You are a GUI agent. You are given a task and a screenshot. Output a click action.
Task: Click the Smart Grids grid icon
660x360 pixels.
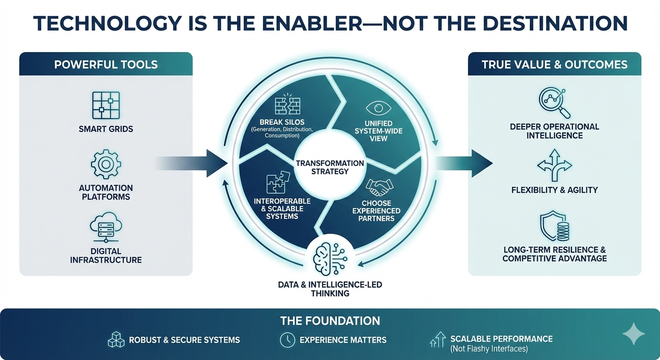pos(105,105)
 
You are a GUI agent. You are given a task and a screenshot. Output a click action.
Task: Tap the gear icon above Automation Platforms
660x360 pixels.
pos(105,165)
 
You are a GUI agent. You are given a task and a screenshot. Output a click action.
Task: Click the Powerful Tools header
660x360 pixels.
pos(106,64)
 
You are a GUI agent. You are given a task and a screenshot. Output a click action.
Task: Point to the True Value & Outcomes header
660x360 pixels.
pos(555,64)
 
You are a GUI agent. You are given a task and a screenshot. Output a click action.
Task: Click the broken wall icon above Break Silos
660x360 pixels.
pos(288,105)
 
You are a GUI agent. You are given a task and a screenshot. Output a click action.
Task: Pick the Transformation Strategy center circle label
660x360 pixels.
pos(330,167)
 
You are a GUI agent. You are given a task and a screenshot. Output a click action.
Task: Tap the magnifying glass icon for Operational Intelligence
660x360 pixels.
pos(555,103)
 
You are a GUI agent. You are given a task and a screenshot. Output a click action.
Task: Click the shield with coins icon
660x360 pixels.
pos(555,227)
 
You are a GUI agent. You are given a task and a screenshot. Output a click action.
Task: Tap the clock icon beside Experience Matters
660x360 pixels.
pos(287,340)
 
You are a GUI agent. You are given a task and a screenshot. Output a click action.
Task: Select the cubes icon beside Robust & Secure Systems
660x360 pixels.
pos(116,340)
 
